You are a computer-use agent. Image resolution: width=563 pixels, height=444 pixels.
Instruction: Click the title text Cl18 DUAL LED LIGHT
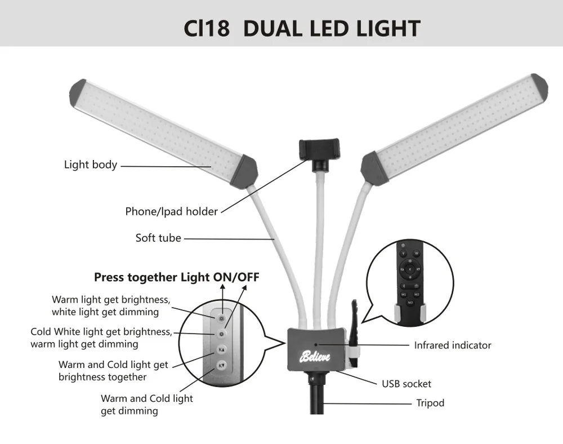coord(302,28)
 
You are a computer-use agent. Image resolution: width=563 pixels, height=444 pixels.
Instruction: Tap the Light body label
coord(90,165)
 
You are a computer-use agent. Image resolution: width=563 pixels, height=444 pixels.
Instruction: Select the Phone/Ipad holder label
coord(171,212)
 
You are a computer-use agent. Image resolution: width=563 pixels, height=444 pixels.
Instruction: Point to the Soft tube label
coord(158,238)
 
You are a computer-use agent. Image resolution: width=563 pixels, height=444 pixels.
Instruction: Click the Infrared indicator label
coord(453,345)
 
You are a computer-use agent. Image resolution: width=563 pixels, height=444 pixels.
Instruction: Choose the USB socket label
coord(406,384)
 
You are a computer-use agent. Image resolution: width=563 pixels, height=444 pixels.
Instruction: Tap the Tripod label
coord(430,403)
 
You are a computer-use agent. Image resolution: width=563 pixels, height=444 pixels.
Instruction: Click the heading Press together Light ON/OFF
coord(176,277)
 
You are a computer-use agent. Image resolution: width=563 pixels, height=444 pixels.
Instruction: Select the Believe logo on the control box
coord(315,357)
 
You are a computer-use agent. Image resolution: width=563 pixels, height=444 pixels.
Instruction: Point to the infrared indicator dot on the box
coord(316,343)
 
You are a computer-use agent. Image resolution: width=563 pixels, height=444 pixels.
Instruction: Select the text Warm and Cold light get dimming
coord(146,405)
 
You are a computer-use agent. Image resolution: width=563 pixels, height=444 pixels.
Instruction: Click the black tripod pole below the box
coord(315,400)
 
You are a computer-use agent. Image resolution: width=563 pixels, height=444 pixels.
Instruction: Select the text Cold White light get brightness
coord(101,332)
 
